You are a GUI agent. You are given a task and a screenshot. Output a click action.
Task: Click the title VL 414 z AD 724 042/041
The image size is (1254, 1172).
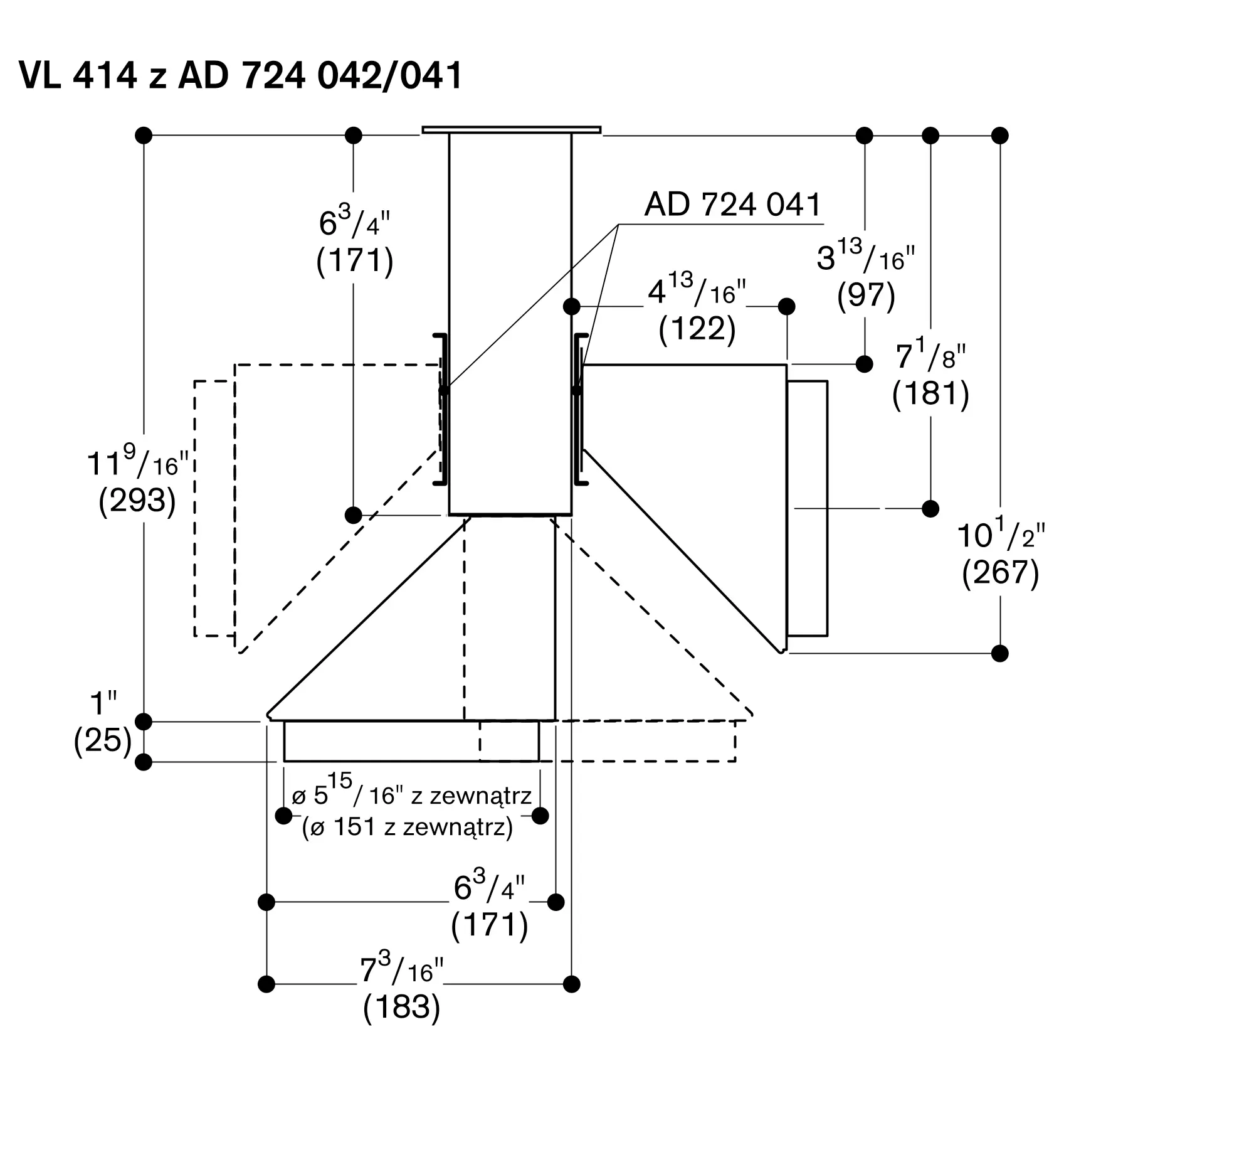coord(241,76)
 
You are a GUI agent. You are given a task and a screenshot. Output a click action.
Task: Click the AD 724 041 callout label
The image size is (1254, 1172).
coord(733,205)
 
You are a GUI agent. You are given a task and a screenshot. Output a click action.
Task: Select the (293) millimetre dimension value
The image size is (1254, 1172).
coord(137,501)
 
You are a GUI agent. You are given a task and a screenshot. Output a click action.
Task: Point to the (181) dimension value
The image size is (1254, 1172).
coord(930,393)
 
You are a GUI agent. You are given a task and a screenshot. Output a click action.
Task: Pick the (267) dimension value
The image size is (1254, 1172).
coord(1001,572)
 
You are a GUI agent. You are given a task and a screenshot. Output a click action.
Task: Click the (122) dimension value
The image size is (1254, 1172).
coord(697,329)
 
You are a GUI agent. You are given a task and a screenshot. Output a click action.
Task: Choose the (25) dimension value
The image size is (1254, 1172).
coord(103,740)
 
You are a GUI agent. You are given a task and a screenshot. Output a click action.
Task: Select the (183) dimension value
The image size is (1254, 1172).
coord(401,1006)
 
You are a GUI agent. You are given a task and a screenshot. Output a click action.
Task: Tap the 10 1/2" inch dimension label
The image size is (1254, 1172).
coord(1001,533)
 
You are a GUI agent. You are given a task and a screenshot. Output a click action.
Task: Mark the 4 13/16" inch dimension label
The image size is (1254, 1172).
coord(697,290)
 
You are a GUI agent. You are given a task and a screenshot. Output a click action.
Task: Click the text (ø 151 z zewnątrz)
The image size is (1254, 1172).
coord(408,827)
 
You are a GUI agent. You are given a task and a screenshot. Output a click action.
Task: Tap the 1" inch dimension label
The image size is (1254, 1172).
coord(103,702)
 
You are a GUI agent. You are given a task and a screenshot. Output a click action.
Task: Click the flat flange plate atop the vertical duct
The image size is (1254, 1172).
coord(512,130)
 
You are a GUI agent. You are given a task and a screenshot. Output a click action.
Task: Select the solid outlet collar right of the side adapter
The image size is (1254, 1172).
coord(808,509)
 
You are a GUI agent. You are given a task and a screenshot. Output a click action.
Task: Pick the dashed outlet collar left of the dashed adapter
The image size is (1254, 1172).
coord(214,509)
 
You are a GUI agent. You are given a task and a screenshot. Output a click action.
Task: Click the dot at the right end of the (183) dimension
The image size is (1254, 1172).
coord(571,984)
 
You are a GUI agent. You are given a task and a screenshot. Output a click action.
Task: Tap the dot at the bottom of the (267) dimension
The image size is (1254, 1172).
coord(1000,653)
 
